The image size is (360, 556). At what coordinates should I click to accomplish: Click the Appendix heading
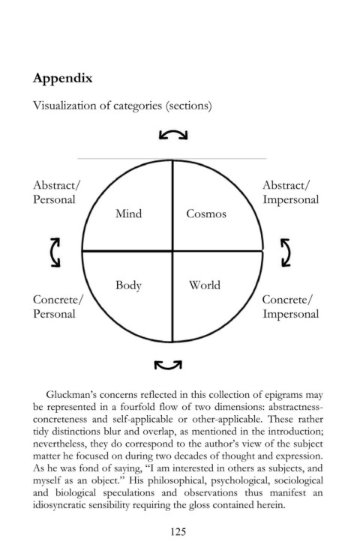[x=62, y=79]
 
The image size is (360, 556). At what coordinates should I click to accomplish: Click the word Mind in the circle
[x=128, y=214]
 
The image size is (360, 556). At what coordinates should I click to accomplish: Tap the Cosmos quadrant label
[x=206, y=214]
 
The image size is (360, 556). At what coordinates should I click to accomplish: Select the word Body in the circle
[x=128, y=285]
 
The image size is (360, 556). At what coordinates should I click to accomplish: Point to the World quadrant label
[x=205, y=285]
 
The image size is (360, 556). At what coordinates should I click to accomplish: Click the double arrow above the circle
[x=173, y=132]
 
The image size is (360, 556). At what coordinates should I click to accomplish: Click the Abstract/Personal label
[x=57, y=192]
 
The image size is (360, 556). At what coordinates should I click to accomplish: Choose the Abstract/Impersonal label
[x=291, y=192]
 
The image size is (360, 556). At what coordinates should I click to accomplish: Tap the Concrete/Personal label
[x=58, y=306]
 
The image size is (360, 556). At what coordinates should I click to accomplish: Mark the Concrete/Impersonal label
[x=291, y=306]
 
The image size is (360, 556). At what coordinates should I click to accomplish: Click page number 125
[x=178, y=531]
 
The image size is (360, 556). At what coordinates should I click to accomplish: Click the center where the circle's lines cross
[x=172, y=251]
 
